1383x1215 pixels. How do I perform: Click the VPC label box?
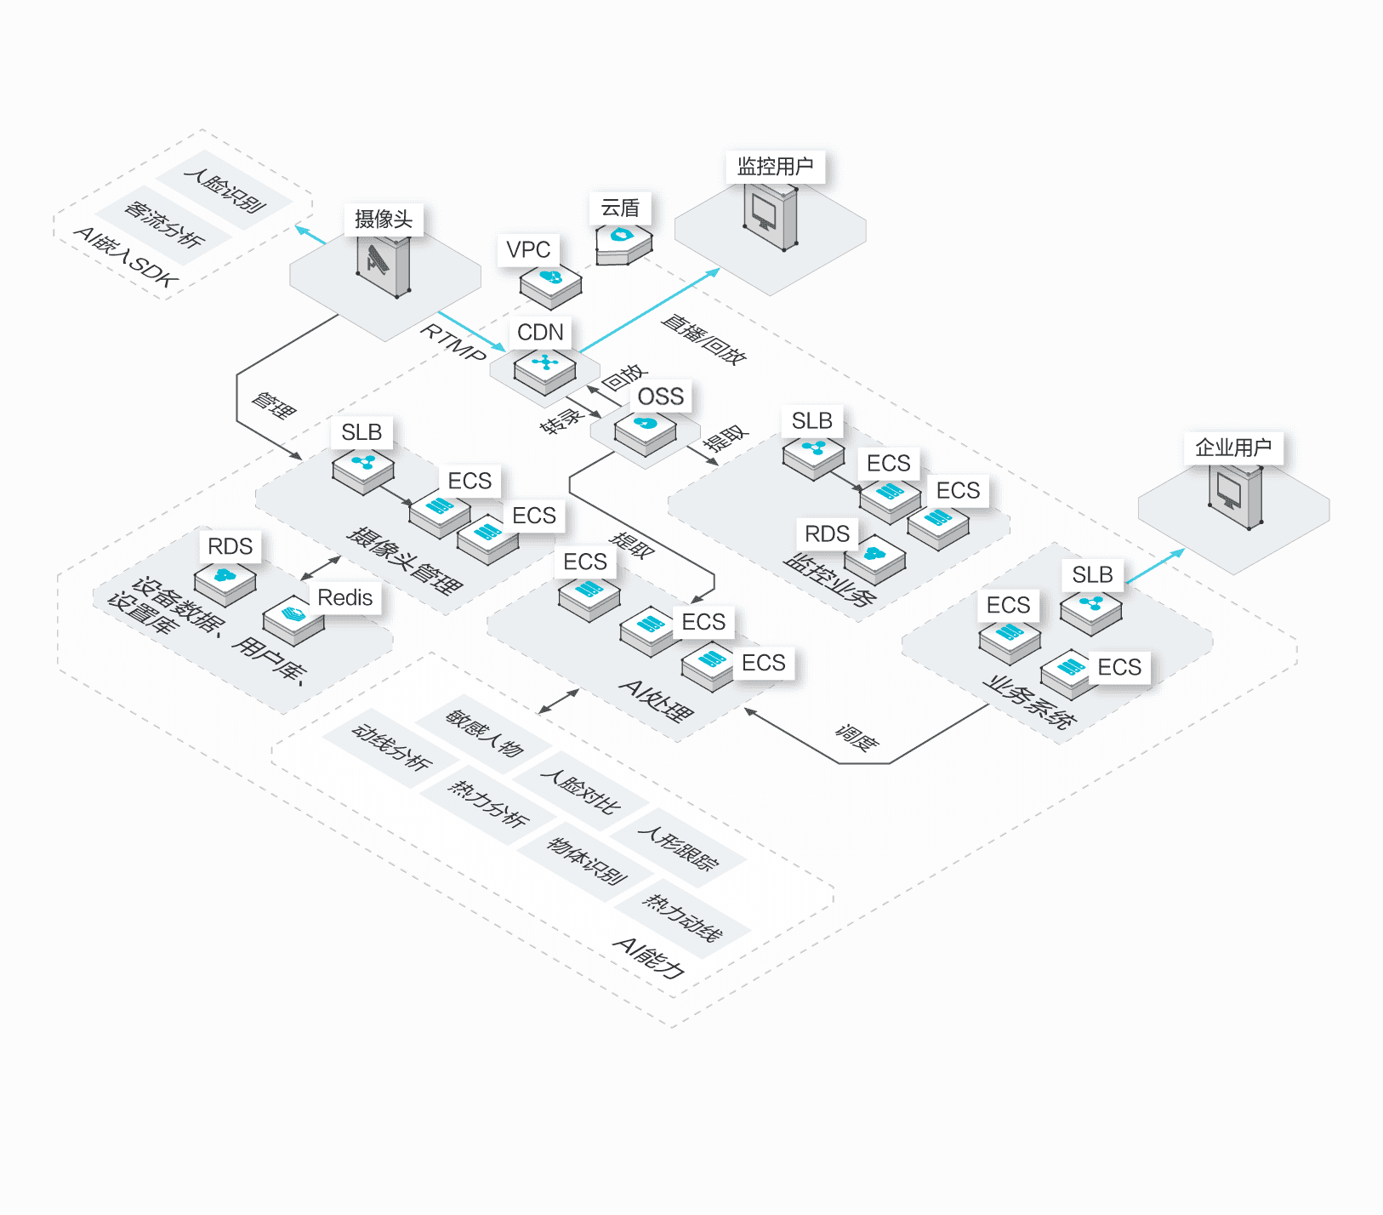click(x=528, y=250)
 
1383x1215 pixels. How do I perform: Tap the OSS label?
click(x=660, y=396)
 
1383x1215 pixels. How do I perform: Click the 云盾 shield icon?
click(x=623, y=242)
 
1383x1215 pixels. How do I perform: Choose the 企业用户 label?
click(x=1232, y=448)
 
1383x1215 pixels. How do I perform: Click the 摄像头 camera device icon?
click(x=384, y=265)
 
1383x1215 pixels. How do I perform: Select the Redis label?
click(x=344, y=598)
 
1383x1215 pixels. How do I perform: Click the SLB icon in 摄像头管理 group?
click(x=363, y=470)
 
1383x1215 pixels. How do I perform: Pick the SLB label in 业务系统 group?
click(x=1092, y=575)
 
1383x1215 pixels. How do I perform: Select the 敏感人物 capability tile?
click(x=484, y=733)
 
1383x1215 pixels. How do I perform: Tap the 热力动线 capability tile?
click(x=683, y=918)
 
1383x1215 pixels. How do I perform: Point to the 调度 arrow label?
click(x=856, y=737)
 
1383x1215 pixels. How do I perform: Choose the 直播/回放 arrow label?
click(x=703, y=339)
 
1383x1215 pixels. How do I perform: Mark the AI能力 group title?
click(x=649, y=958)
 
